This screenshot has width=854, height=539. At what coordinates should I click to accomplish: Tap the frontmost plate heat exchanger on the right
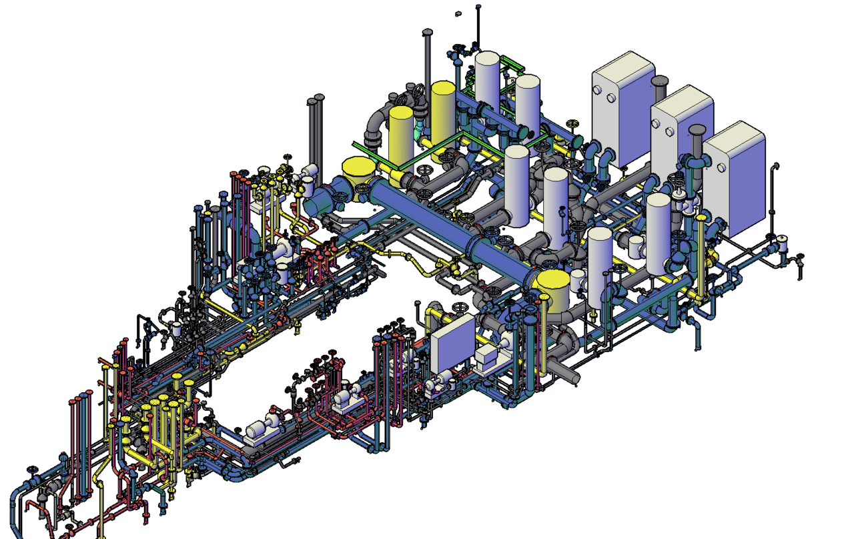(x=734, y=180)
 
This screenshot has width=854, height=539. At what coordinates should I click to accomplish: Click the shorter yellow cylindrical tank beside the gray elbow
(x=400, y=137)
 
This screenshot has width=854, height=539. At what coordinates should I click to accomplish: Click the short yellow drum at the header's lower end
(x=553, y=287)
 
